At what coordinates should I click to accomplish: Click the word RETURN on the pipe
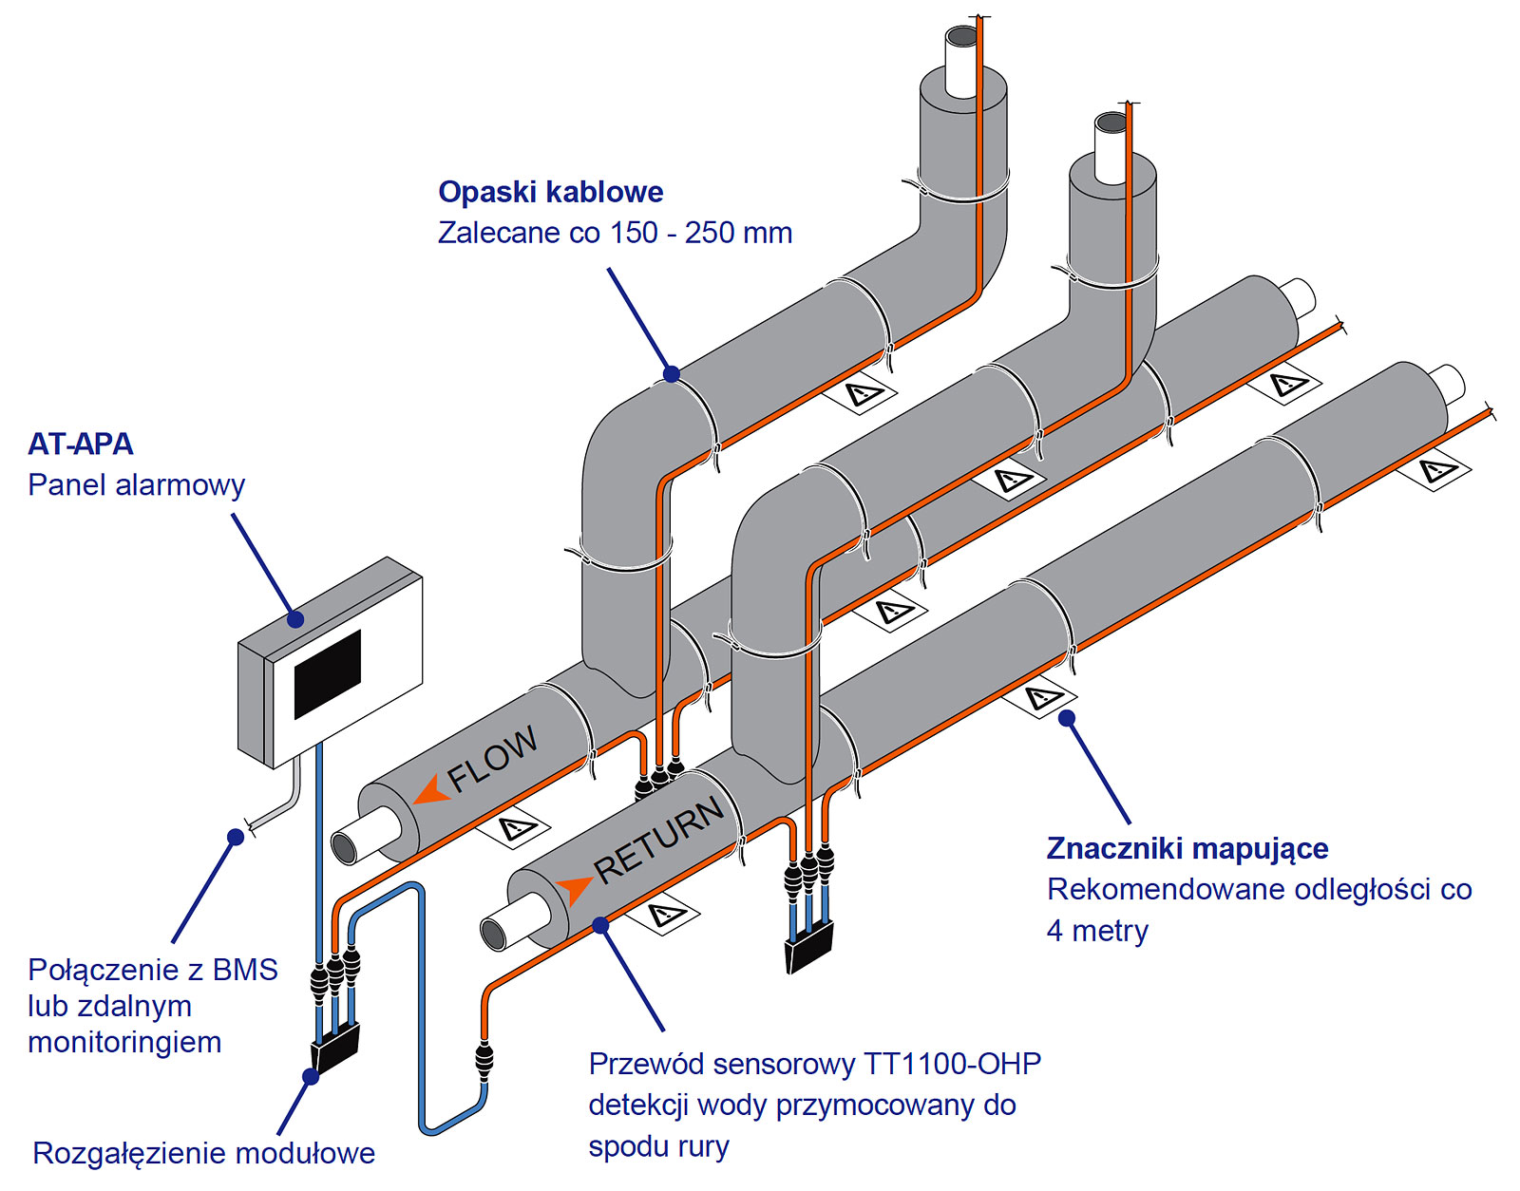pyautogui.click(x=659, y=838)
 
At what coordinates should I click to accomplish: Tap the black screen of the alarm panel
pyautogui.click(x=328, y=673)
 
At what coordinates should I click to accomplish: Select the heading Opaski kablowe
pyautogui.click(x=550, y=192)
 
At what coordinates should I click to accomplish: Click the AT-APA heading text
pyautogui.click(x=81, y=444)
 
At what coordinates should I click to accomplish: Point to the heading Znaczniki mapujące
pyautogui.click(x=1187, y=848)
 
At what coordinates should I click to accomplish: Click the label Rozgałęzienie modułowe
pyautogui.click(x=203, y=1153)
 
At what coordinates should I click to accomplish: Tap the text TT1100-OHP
pyautogui.click(x=952, y=1064)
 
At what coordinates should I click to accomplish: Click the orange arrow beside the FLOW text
pyautogui.click(x=432, y=790)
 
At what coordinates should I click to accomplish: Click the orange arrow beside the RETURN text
pyautogui.click(x=574, y=891)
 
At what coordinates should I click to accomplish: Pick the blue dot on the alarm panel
pyautogui.click(x=295, y=619)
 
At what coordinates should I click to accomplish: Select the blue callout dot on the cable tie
pyautogui.click(x=672, y=373)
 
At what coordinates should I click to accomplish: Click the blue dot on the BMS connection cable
pyautogui.click(x=236, y=837)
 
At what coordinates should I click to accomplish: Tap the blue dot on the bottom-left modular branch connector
pyautogui.click(x=310, y=1076)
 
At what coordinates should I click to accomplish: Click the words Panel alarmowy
pyautogui.click(x=136, y=484)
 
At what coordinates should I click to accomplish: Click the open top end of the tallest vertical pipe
pyautogui.click(x=961, y=38)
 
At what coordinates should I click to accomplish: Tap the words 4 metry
pyautogui.click(x=1097, y=931)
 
